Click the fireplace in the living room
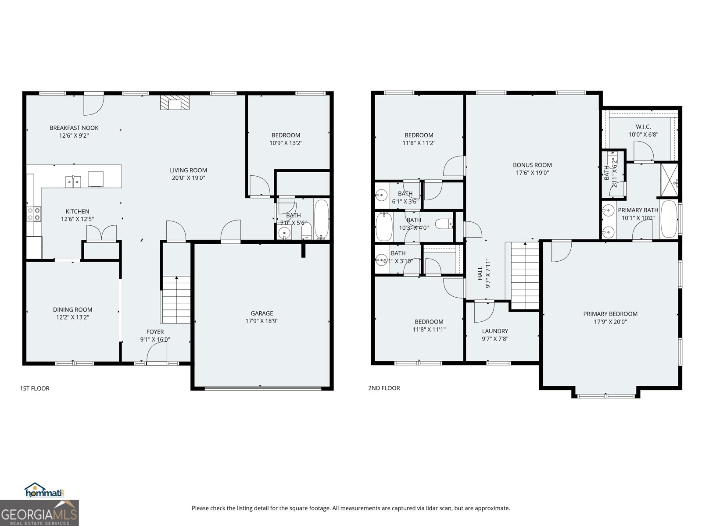click(175, 104)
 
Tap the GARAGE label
click(262, 313)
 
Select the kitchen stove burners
click(34, 214)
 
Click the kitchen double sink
click(73, 181)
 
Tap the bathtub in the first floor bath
click(321, 219)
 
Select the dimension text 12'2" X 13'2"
click(72, 317)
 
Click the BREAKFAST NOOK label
click(74, 128)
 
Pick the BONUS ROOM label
click(532, 165)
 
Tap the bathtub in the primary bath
click(669, 219)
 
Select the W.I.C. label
click(643, 127)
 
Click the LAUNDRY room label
click(495, 331)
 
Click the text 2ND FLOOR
click(384, 388)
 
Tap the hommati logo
click(44, 491)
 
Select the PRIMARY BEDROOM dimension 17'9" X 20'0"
click(610, 322)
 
